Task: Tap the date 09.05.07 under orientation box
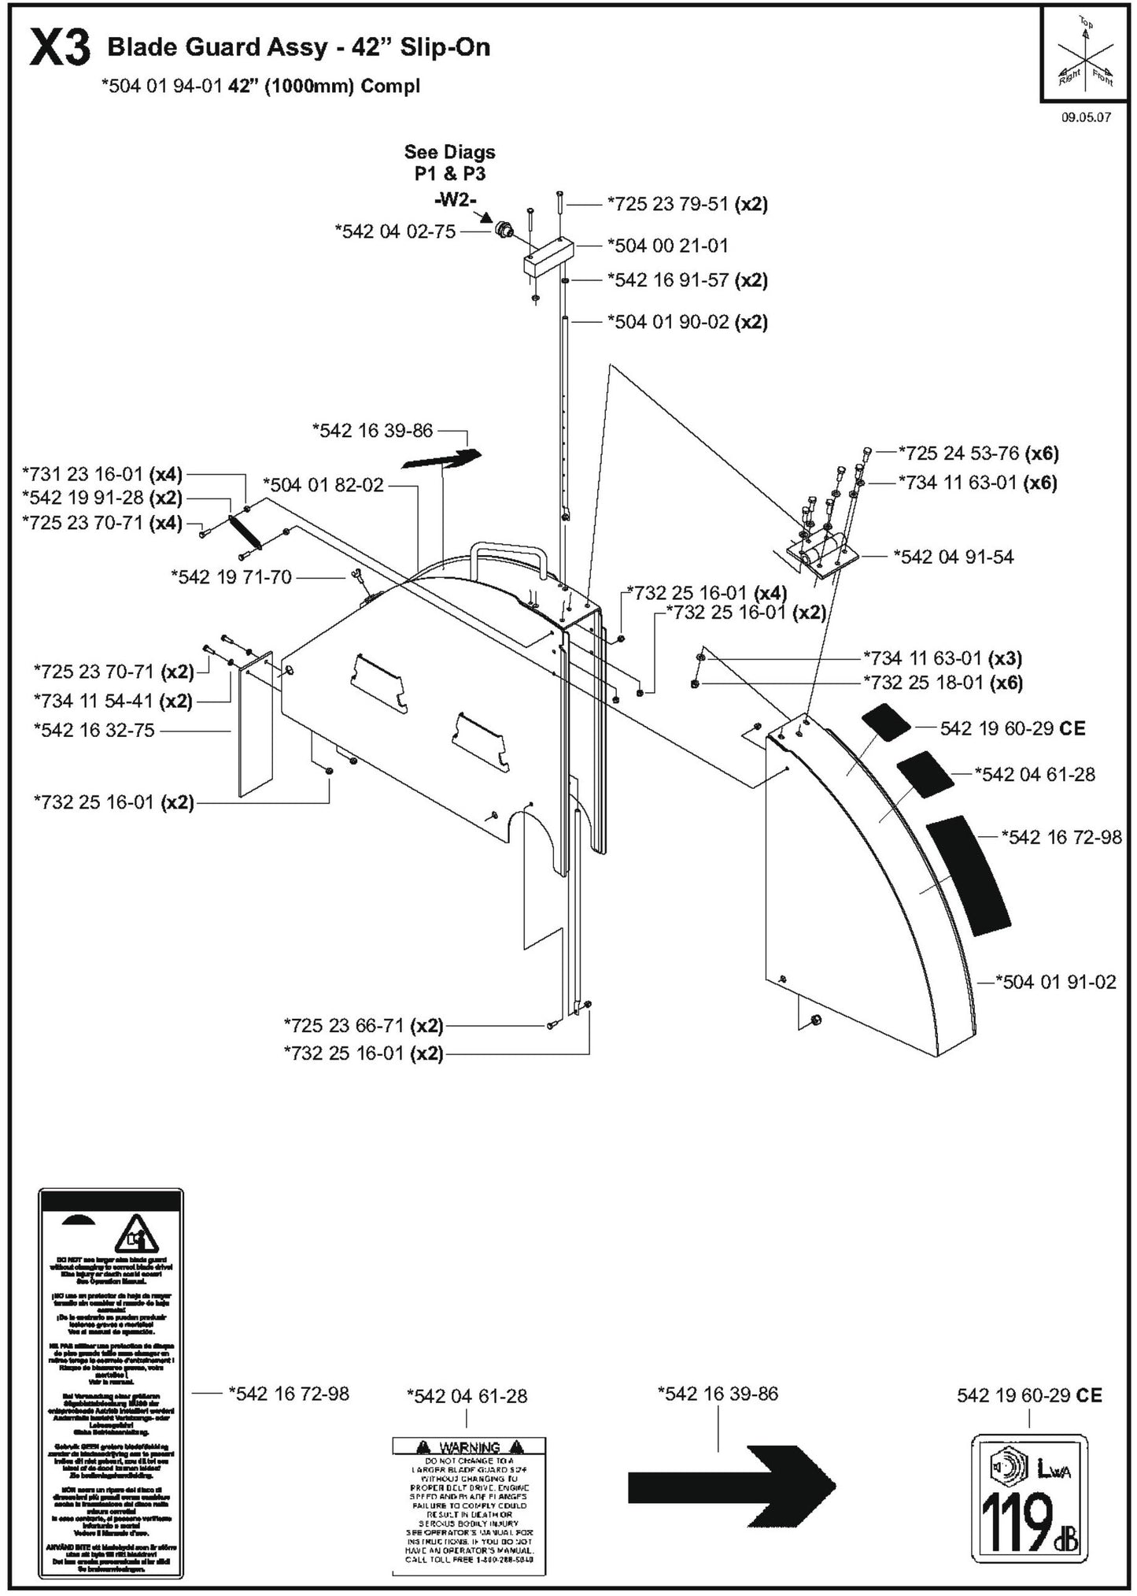coord(1086,117)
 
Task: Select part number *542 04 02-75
coord(395,231)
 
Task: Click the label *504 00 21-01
coord(667,246)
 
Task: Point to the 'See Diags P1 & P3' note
coord(449,162)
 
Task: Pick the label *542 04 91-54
coord(953,557)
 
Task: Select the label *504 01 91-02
coord(1055,982)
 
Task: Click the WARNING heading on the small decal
coord(469,1447)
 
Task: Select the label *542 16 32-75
coord(94,731)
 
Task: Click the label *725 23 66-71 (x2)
coord(364,1026)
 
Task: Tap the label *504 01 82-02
coord(323,485)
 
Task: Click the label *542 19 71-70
coord(231,577)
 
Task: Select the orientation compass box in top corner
coord(1085,55)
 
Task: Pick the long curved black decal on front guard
coord(968,875)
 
